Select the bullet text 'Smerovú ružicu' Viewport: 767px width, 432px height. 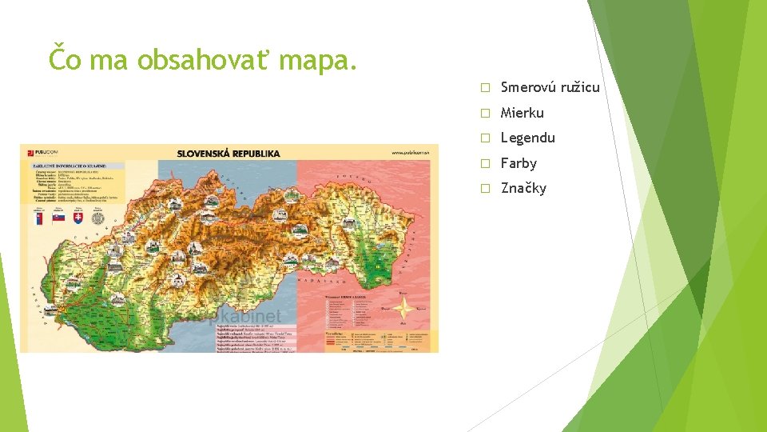(x=550, y=87)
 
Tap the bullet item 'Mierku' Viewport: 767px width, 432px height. (x=522, y=113)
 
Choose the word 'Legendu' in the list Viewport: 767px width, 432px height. (x=527, y=138)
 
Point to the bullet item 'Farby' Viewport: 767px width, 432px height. (x=519, y=163)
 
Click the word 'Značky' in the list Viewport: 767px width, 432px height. (x=523, y=189)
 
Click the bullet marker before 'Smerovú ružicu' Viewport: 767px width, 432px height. (x=483, y=87)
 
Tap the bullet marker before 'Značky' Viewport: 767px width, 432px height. (x=483, y=189)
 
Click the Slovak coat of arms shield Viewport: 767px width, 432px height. (x=78, y=218)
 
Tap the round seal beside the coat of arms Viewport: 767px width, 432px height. (x=98, y=218)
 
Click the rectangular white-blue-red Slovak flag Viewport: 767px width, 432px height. (x=58, y=218)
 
